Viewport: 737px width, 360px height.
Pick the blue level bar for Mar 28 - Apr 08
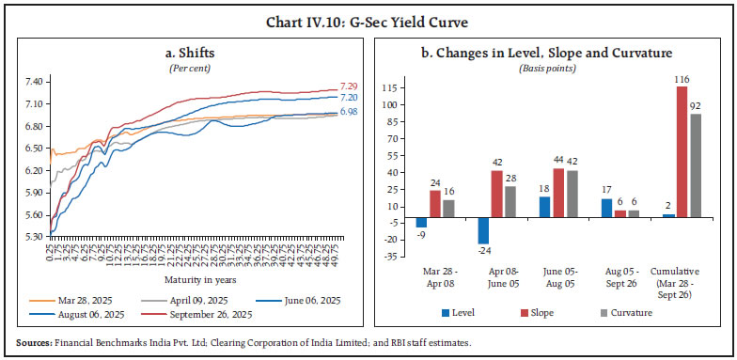coord(421,223)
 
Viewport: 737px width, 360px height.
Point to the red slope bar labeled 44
coord(557,193)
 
